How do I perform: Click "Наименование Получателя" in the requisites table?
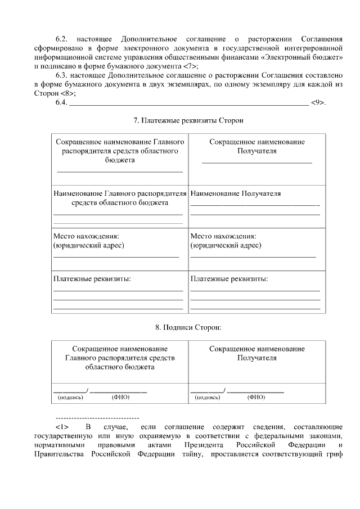click(236, 193)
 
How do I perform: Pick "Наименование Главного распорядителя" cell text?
click(119, 193)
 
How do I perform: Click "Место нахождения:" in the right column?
click(223, 236)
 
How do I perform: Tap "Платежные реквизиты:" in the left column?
click(92, 279)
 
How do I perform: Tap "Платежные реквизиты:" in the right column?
click(229, 279)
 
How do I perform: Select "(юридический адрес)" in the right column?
click(226, 245)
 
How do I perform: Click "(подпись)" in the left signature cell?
click(70, 397)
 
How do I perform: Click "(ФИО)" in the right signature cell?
click(256, 397)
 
